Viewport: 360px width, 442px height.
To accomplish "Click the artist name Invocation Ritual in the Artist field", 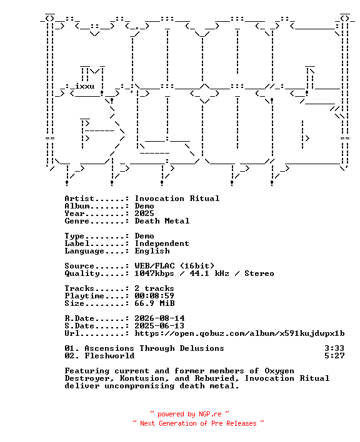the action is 177,199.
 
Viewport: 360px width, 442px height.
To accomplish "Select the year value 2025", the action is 144,214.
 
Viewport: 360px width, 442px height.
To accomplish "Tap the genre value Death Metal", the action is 162,221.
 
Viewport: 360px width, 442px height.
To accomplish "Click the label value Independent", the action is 162,243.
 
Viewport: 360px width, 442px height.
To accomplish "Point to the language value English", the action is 152,251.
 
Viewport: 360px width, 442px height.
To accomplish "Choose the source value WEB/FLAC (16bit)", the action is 174,266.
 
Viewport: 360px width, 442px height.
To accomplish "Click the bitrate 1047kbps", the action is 154,273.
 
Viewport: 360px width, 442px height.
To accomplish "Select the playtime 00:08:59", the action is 154,296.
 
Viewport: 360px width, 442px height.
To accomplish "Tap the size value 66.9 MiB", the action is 154,303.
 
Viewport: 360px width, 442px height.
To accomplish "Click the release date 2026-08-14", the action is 159,318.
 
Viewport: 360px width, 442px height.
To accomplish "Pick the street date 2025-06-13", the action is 159,326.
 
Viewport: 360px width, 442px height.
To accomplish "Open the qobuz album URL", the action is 239,333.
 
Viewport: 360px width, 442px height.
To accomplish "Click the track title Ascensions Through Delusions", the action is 154,348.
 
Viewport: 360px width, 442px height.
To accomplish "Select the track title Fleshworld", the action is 109,356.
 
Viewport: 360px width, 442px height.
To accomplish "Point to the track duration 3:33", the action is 334,348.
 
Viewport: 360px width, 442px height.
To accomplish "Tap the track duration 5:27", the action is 334,356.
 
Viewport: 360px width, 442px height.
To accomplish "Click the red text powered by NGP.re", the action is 189,414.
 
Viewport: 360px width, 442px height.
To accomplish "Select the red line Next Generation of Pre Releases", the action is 198,423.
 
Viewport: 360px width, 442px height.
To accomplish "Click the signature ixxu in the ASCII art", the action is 84,86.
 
